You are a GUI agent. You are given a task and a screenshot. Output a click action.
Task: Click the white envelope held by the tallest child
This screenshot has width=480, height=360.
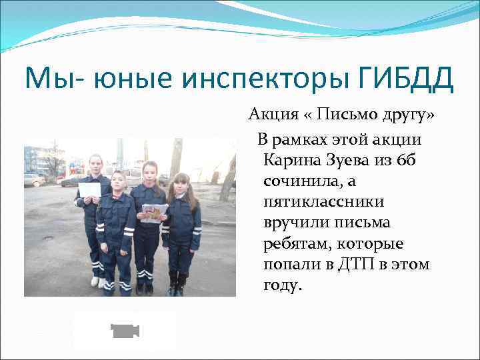coord(90,189)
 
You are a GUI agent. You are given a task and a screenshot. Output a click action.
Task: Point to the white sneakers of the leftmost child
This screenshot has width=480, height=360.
coord(97,282)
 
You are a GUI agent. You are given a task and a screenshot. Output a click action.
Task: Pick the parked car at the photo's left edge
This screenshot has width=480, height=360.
coord(32,179)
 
